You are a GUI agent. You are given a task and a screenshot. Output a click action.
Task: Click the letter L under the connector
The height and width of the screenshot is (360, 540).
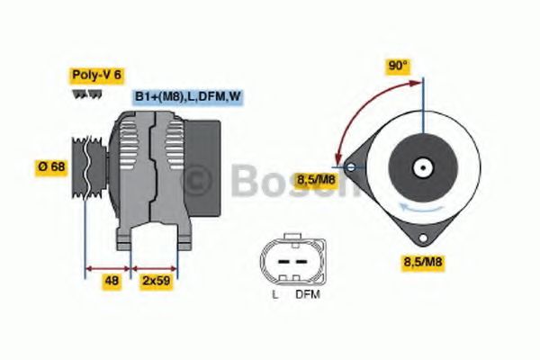coord(274,293)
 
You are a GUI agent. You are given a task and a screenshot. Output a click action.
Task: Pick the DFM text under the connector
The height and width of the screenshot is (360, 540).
coord(308,293)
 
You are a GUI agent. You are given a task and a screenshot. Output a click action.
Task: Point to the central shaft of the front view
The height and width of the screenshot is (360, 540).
coord(421,167)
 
